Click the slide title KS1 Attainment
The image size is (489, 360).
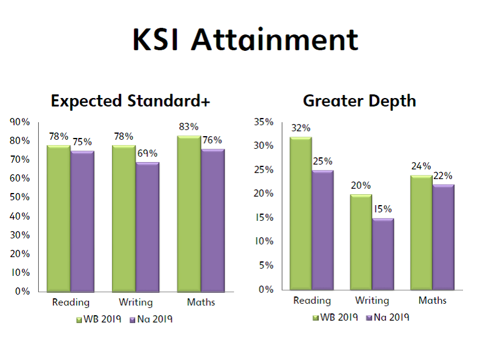(246, 39)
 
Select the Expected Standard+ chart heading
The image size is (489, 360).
(130, 101)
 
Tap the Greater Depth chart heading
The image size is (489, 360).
(359, 101)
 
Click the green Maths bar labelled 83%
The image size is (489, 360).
(189, 214)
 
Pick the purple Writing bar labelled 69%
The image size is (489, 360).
(148, 227)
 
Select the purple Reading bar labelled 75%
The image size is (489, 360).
(82, 221)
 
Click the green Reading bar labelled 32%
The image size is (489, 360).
(301, 214)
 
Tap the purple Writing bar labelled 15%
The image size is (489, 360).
(383, 254)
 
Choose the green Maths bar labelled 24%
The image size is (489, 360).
(421, 232)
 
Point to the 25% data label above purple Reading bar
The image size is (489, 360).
(323, 162)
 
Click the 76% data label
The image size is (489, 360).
(212, 140)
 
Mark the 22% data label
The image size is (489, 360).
(443, 176)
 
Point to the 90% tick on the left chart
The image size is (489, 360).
(19, 122)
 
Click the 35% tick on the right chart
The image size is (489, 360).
(263, 122)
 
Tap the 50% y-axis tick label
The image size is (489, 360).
(19, 197)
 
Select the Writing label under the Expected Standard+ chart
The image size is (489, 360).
(136, 303)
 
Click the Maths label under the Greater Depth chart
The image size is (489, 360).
(432, 301)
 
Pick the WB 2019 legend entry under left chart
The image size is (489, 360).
(99, 319)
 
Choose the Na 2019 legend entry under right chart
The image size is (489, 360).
(388, 318)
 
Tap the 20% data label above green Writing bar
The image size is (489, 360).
(361, 186)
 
